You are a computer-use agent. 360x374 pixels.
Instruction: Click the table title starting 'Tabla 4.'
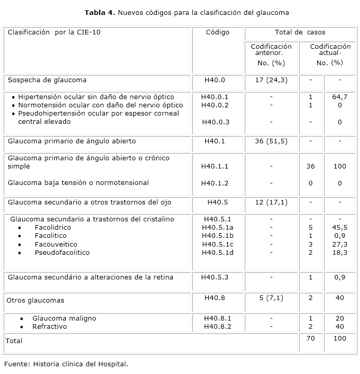(x=179, y=12)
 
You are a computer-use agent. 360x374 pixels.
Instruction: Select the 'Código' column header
(x=218, y=32)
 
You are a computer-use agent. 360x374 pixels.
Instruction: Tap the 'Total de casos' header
(x=300, y=32)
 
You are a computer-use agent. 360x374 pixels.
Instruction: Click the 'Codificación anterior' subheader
(x=271, y=50)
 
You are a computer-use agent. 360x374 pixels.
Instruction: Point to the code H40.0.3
(x=215, y=122)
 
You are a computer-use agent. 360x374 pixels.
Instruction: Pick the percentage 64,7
(x=339, y=97)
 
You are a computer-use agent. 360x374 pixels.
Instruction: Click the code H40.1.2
(x=215, y=183)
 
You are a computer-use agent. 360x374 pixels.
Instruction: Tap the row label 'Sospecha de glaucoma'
(x=47, y=80)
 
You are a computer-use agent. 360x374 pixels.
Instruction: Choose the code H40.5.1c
(x=218, y=244)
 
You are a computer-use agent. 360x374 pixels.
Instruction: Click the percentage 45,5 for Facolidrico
(x=339, y=227)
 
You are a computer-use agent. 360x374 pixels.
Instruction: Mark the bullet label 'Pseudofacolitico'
(x=62, y=252)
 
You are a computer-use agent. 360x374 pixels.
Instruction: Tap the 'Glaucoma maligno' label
(x=64, y=319)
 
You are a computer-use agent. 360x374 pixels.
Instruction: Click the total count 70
(x=310, y=339)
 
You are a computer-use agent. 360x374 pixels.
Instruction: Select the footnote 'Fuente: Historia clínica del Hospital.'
(x=66, y=364)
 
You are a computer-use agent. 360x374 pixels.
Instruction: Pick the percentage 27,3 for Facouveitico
(x=339, y=244)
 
